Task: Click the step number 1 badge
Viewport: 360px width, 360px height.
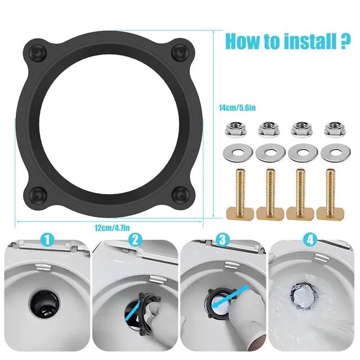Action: [x=48, y=240]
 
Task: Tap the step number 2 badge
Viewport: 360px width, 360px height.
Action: [x=135, y=240]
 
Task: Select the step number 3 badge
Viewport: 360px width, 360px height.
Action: [x=224, y=240]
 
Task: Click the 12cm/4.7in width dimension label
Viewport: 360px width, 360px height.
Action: [x=112, y=227]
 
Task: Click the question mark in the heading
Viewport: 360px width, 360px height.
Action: [x=340, y=42]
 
